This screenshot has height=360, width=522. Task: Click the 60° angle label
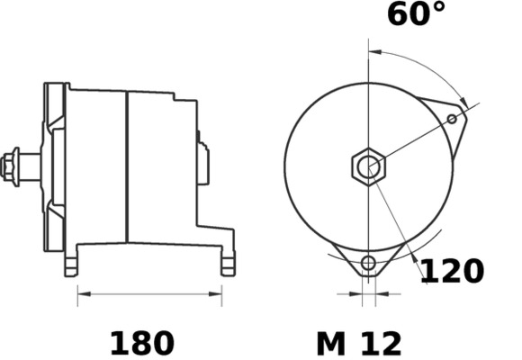click(417, 15)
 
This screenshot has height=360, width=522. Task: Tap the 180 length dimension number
click(141, 343)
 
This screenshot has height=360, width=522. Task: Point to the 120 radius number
click(454, 270)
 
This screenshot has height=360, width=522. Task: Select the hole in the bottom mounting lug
click(367, 263)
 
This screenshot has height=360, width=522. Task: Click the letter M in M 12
click(330, 343)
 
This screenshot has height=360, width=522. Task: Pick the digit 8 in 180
click(141, 343)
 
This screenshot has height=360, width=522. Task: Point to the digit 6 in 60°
click(398, 15)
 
